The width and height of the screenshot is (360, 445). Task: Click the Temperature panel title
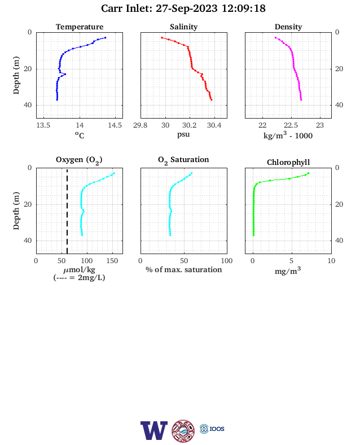tap(80, 27)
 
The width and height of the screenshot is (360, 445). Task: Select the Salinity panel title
tap(184, 27)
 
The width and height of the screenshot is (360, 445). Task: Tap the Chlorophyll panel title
tap(288, 163)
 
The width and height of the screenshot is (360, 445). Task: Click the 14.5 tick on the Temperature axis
tap(115, 125)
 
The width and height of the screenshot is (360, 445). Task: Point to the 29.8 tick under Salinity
tap(141, 125)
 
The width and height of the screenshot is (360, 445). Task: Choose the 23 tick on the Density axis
tap(320, 125)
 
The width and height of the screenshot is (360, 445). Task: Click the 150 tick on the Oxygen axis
tap(112, 261)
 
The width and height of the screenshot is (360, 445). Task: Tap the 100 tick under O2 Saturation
tap(227, 261)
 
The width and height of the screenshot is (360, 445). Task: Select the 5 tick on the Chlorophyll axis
tap(291, 261)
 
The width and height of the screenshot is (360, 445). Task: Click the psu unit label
tap(183, 134)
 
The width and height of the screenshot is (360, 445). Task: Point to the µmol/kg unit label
tap(79, 269)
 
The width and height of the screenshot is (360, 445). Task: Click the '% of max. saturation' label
tap(184, 269)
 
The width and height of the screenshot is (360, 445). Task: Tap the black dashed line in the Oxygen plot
tap(67, 211)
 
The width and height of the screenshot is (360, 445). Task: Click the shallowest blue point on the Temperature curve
tap(105, 37)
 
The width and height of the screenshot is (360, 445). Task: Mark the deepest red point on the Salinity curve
tap(211, 99)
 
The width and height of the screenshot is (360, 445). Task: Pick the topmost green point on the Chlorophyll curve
tap(309, 173)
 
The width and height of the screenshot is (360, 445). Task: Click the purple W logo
tap(154, 430)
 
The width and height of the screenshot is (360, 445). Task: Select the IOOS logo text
tap(217, 429)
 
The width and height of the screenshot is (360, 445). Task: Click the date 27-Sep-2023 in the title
tap(187, 8)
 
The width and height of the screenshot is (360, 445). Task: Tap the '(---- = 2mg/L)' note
tap(79, 277)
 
